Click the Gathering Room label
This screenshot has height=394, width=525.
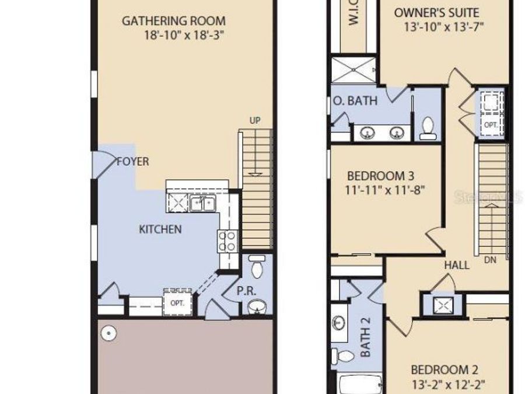click(173, 21)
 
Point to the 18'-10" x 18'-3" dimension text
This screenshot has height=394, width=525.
click(184, 35)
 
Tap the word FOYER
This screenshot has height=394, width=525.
click(132, 162)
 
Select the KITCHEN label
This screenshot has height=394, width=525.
click(160, 229)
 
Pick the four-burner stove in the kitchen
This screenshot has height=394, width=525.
click(228, 241)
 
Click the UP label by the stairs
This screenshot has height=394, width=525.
click(255, 120)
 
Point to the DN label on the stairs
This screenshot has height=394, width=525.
click(490, 260)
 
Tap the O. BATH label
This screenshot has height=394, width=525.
click(355, 101)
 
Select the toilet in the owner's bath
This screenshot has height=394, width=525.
click(428, 128)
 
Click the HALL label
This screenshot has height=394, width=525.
click(457, 265)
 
